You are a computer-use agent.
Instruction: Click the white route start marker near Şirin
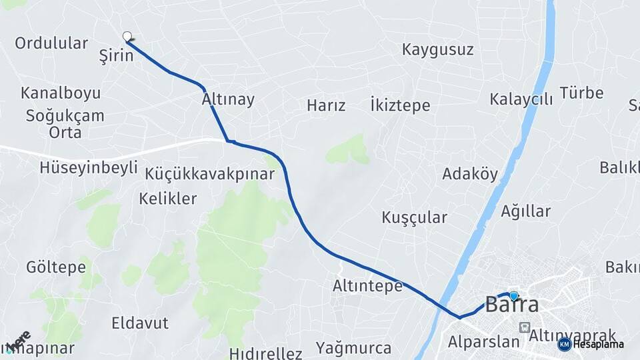click(x=127, y=36)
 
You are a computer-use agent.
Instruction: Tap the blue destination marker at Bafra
click(x=513, y=295)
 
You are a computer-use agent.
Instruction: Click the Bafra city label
click(x=511, y=305)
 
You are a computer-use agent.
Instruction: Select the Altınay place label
click(x=228, y=100)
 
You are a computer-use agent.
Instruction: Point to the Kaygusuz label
click(x=438, y=49)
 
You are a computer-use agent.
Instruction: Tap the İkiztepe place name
click(x=400, y=105)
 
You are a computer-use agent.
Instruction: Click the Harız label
click(x=326, y=105)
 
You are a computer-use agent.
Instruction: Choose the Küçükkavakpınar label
click(x=209, y=174)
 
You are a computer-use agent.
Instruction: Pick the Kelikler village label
click(x=168, y=198)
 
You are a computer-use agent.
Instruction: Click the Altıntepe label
click(x=367, y=286)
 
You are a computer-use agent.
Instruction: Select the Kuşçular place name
click(x=414, y=217)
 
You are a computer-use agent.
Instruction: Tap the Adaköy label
click(x=470, y=175)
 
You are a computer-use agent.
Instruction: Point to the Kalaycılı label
click(x=521, y=99)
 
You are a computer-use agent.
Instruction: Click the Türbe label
click(x=581, y=93)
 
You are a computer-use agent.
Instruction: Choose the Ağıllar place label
click(x=526, y=211)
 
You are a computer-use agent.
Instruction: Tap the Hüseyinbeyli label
click(x=88, y=167)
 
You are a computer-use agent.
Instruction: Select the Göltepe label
click(x=56, y=267)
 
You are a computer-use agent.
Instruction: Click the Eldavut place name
click(x=140, y=323)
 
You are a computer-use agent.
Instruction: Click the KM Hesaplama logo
click(x=591, y=344)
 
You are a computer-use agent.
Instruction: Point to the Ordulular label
click(x=51, y=43)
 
